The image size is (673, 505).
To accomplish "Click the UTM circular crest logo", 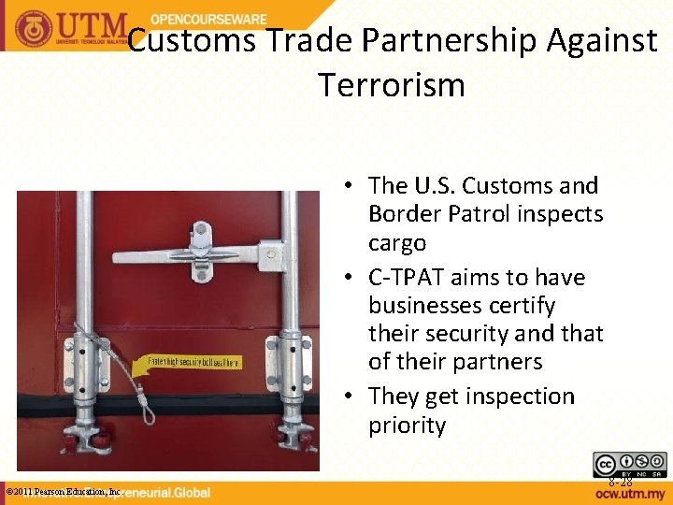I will click(34, 27).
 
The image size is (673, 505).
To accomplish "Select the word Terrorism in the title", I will click(391, 85).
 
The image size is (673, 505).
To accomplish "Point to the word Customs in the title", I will click(193, 41).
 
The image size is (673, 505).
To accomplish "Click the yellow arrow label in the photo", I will click(187, 363).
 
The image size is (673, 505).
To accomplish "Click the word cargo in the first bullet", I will click(397, 243).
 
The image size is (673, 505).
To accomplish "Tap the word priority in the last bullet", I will click(407, 426).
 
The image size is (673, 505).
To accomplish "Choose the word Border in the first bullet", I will click(401, 214).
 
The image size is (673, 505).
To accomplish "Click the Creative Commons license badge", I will click(629, 463).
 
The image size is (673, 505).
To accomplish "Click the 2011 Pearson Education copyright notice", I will click(64, 491).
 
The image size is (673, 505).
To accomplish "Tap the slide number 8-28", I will click(621, 483).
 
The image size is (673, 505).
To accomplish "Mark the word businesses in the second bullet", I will click(415, 306).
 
